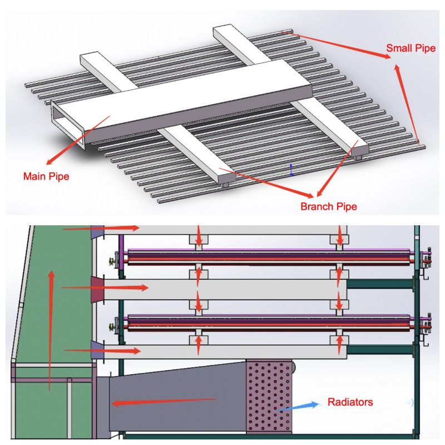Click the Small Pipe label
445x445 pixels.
[411, 49]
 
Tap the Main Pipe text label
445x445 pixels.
[46, 177]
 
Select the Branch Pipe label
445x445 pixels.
[329, 207]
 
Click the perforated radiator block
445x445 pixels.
[269, 396]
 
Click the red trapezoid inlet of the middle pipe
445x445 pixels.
[98, 289]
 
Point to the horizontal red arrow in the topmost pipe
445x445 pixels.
[100, 228]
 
